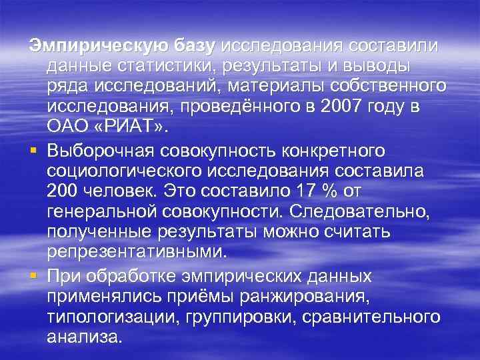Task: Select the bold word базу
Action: pyautogui.click(x=195, y=47)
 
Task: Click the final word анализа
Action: pyautogui.click(x=85, y=337)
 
